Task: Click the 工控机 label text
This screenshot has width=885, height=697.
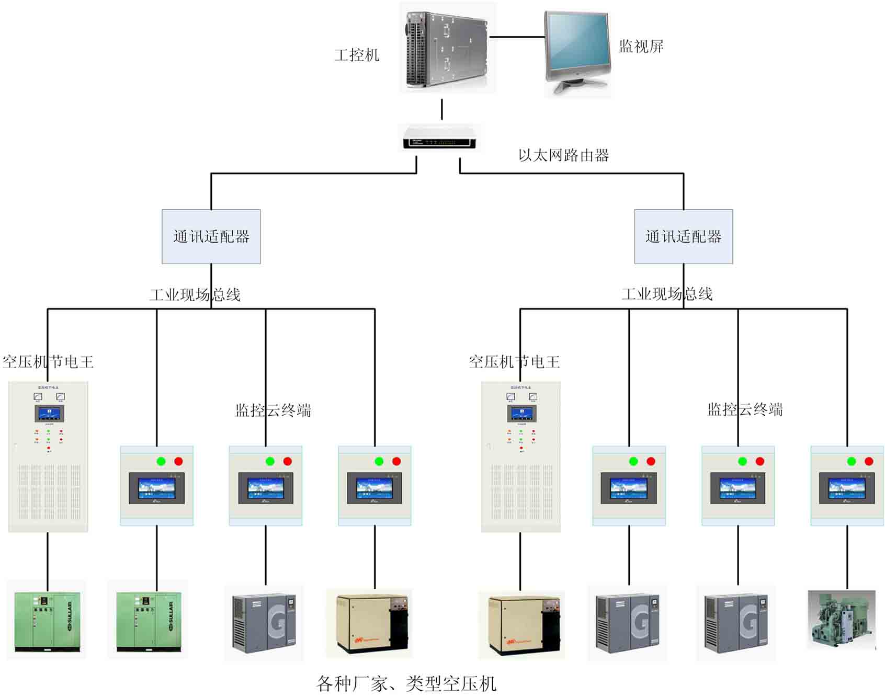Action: coord(357,55)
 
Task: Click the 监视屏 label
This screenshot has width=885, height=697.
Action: coord(641,47)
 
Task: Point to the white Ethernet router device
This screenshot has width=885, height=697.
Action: coord(439,139)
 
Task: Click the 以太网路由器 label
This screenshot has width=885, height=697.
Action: coord(563,155)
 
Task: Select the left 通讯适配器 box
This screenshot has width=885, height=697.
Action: coord(211,236)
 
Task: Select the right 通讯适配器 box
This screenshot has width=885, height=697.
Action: coord(683,236)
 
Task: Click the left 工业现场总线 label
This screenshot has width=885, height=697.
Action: coord(195,295)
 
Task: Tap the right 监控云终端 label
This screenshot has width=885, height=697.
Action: coord(745,409)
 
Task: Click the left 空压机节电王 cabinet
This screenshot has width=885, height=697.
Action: coord(48,456)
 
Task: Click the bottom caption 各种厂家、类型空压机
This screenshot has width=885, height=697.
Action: coord(406,683)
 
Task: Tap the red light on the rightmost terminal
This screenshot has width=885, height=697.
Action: coord(869,461)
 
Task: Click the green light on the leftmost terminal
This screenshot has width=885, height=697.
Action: coord(161,461)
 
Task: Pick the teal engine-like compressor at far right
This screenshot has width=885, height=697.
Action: coord(841,620)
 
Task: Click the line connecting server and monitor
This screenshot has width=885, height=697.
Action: coord(516,37)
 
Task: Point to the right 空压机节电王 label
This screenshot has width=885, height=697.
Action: coord(514,362)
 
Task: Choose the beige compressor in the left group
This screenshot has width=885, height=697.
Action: coord(369,624)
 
